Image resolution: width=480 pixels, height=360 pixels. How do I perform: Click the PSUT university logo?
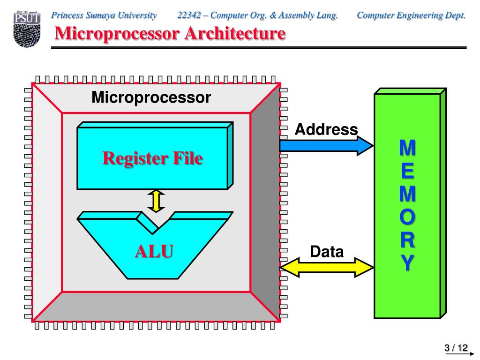click(27, 29)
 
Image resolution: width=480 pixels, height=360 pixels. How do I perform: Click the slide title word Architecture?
click(235, 33)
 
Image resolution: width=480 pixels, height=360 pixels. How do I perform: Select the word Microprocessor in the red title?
click(117, 34)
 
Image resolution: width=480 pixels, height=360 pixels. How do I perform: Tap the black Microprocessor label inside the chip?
click(151, 97)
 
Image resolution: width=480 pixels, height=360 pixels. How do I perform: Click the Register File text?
click(152, 158)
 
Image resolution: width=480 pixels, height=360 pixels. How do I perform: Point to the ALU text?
click(154, 251)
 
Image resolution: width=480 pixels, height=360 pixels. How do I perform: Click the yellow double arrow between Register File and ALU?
click(156, 201)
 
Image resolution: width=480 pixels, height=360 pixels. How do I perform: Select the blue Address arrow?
click(326, 146)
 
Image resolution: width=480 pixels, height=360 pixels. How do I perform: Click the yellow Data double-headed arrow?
click(327, 267)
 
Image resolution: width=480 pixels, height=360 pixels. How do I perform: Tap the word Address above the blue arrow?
click(326, 129)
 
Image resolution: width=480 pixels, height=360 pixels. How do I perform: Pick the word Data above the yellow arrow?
click(327, 252)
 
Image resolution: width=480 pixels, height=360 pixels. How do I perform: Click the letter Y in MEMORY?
click(407, 262)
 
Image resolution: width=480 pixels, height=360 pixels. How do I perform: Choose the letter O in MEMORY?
click(407, 217)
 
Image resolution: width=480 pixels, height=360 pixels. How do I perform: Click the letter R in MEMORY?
click(407, 240)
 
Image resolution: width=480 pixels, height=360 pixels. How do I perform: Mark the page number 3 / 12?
click(456, 348)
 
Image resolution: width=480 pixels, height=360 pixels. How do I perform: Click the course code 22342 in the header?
click(189, 15)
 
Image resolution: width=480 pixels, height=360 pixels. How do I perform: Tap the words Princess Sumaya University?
click(104, 15)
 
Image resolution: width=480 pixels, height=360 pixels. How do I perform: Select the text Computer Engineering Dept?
click(411, 15)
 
